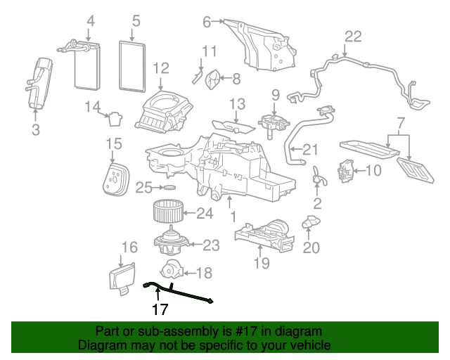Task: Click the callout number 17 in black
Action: [160, 309]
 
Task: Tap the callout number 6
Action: [207, 22]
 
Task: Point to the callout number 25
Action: [143, 188]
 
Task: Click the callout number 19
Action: [262, 264]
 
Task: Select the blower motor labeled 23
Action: [169, 244]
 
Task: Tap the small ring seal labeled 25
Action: [169, 188]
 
